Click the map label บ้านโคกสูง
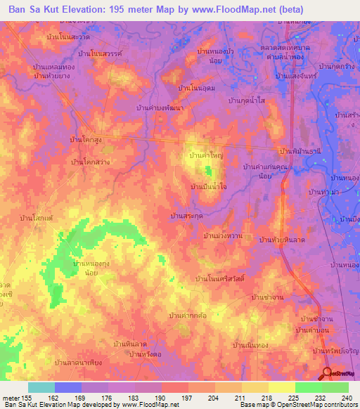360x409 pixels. click(x=86, y=141)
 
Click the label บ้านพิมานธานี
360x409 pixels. click(x=300, y=151)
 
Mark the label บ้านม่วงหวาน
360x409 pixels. click(x=223, y=235)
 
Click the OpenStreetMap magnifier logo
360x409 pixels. click(x=328, y=374)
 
